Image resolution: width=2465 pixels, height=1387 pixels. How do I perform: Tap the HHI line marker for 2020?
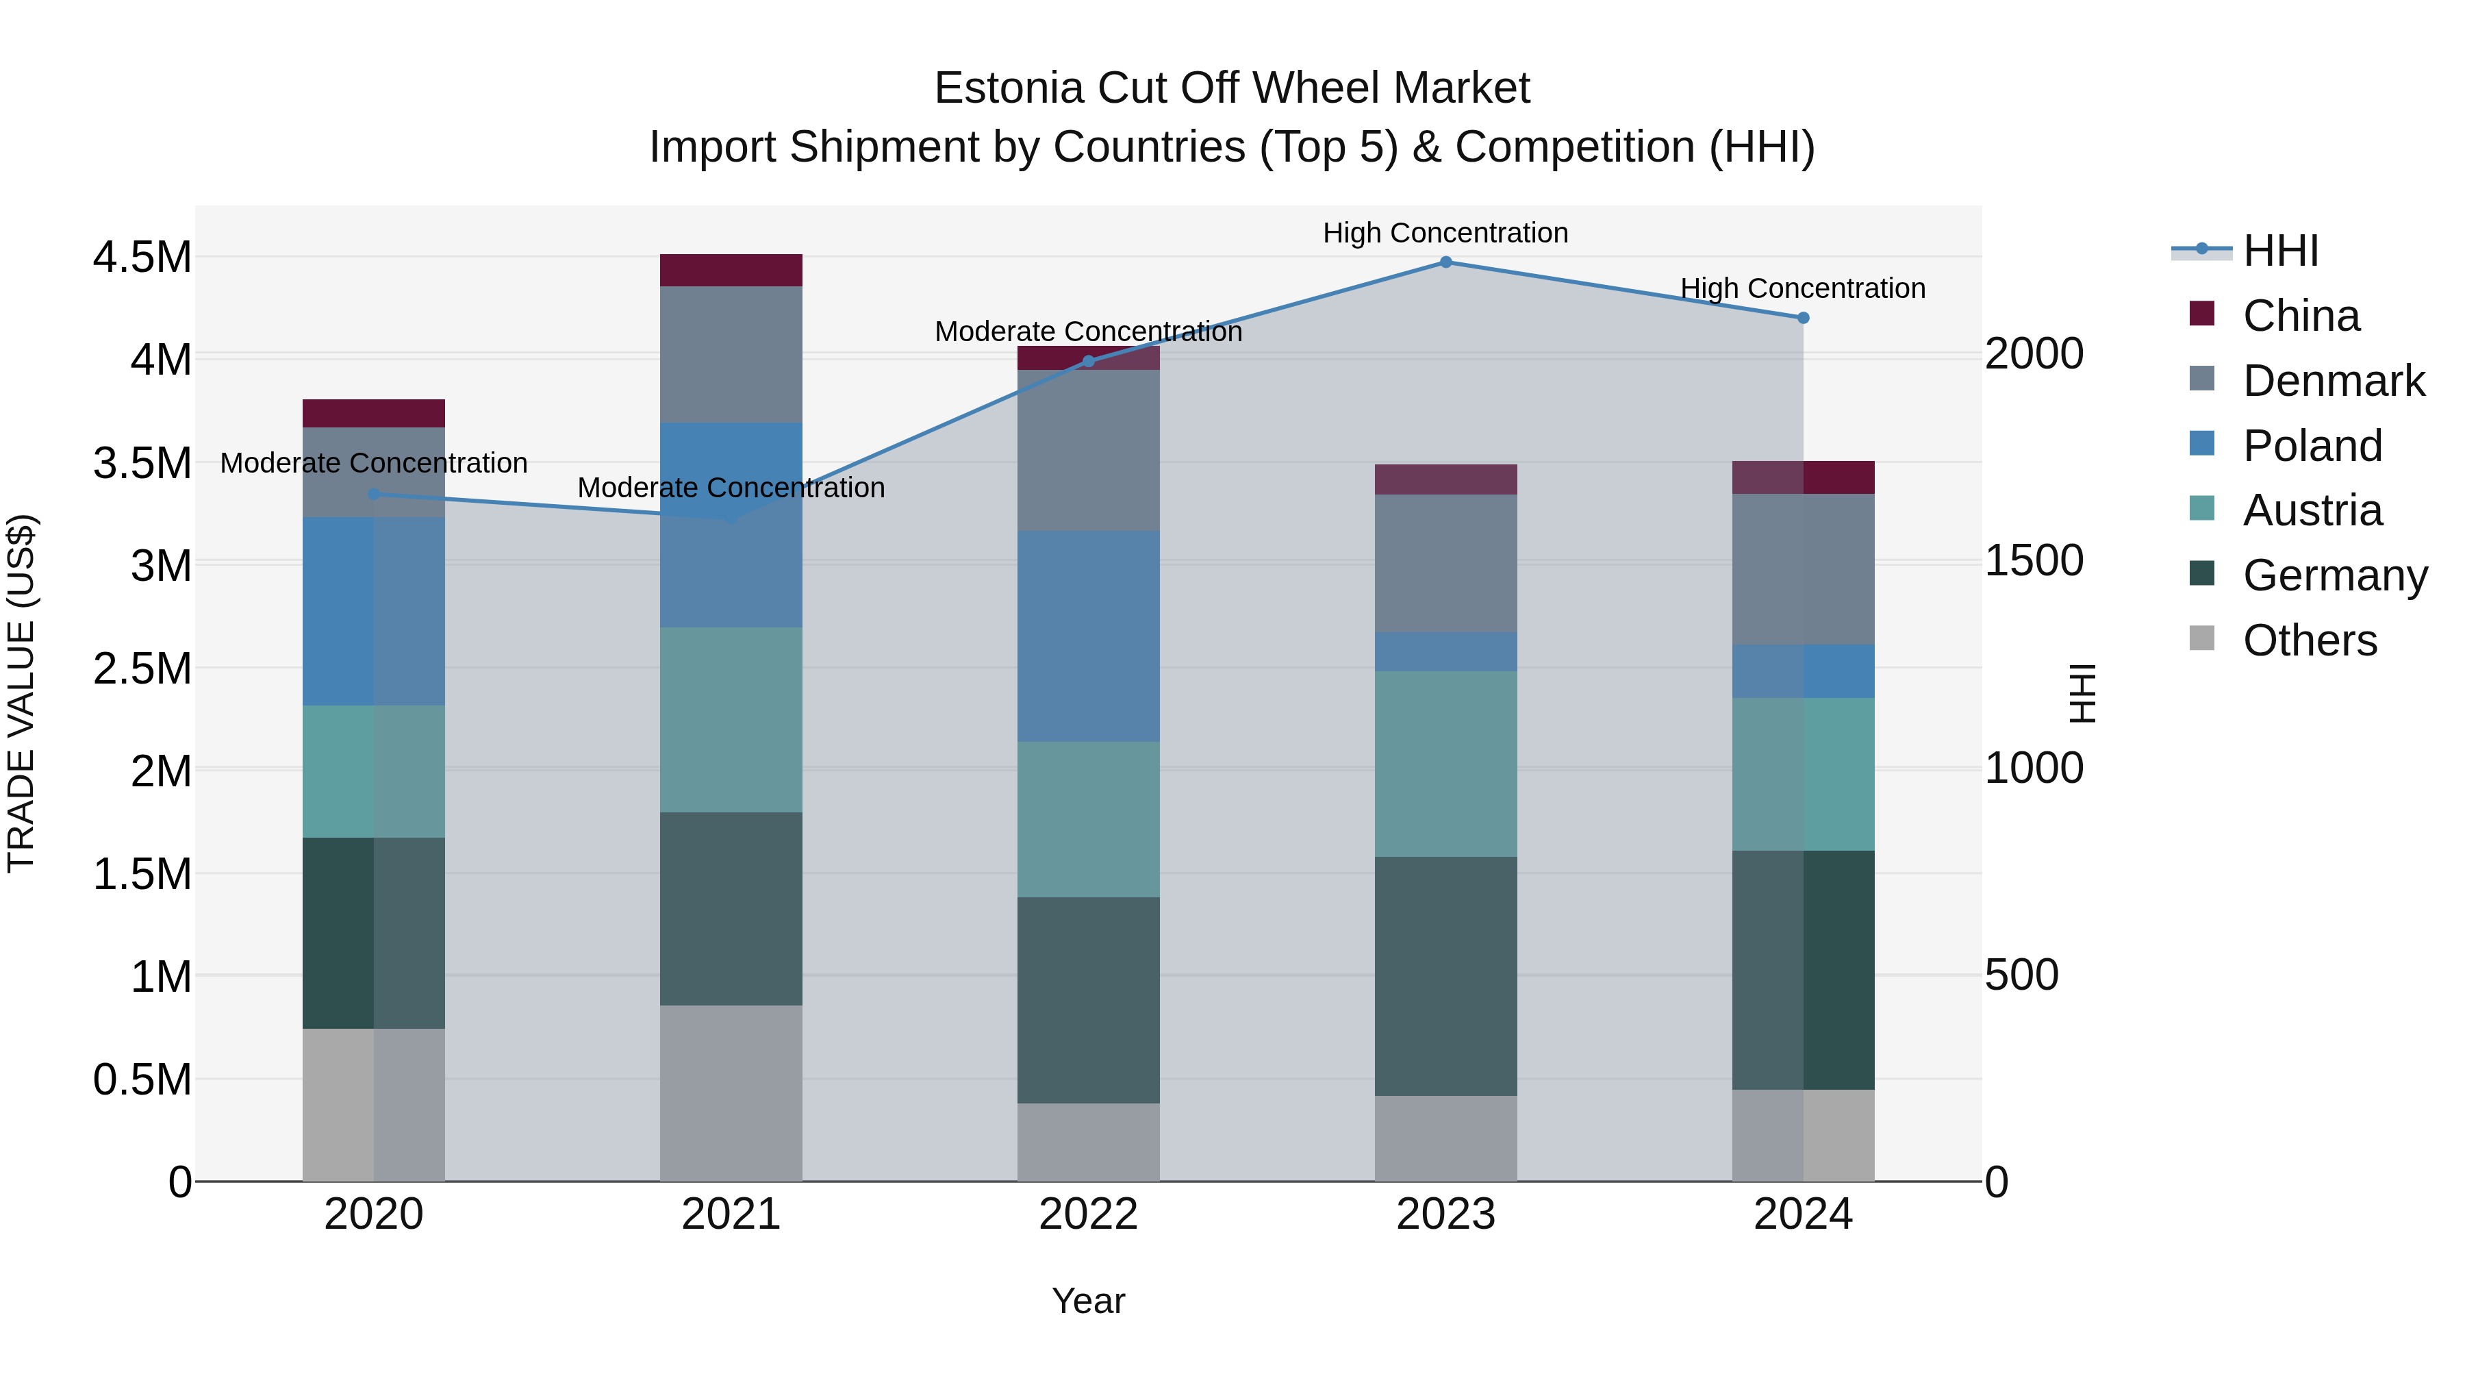pyautogui.click(x=373, y=494)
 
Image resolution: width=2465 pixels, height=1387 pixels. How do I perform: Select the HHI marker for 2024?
pyautogui.click(x=1803, y=318)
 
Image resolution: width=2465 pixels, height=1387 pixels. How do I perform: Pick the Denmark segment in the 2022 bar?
pyautogui.click(x=1088, y=450)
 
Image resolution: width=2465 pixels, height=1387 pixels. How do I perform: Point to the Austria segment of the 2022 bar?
pyautogui.click(x=1088, y=819)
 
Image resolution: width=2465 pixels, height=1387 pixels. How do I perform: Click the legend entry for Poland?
pyautogui.click(x=2311, y=446)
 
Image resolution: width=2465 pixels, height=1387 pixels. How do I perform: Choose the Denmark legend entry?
pyautogui.click(x=2332, y=381)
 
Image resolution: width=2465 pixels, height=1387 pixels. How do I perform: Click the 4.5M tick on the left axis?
pyautogui.click(x=142, y=258)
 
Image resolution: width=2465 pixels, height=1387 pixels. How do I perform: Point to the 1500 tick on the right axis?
pyautogui.click(x=2034, y=561)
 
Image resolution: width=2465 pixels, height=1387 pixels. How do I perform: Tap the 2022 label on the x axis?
pyautogui.click(x=1088, y=1214)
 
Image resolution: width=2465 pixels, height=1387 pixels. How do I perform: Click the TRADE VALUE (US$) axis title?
pyautogui.click(x=21, y=693)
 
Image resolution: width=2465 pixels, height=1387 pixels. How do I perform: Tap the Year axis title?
pyautogui.click(x=1088, y=1301)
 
